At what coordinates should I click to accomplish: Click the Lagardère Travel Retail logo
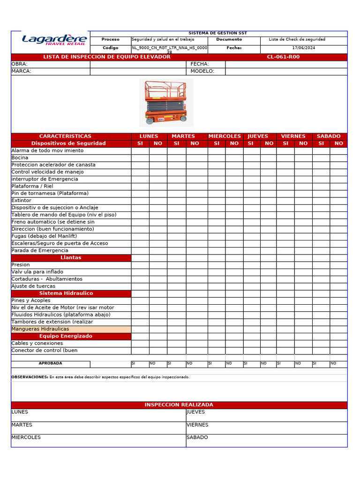[x=54, y=40]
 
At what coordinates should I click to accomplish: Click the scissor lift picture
[x=166, y=102]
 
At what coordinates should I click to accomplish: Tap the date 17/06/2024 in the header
[x=304, y=48]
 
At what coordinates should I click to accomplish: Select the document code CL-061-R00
[x=283, y=57]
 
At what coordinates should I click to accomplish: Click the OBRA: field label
[x=19, y=64]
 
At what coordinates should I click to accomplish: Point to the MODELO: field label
[x=202, y=71]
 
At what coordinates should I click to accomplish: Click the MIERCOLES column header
[x=225, y=136]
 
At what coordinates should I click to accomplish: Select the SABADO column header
[x=329, y=136]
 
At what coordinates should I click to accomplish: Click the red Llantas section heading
[x=71, y=258]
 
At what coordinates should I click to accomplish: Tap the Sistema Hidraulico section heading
[x=71, y=293]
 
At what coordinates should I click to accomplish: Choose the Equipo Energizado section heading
[x=71, y=336]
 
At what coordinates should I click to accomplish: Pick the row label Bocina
[x=20, y=158]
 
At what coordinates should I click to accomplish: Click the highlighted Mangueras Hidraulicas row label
[x=40, y=329]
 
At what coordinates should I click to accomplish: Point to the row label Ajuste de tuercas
[x=33, y=286]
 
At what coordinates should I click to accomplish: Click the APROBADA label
[x=50, y=363]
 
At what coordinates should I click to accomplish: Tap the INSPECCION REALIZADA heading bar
[x=179, y=405]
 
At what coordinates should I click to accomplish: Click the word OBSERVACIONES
[x=29, y=377]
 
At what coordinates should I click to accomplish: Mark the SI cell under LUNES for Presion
[x=140, y=265]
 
